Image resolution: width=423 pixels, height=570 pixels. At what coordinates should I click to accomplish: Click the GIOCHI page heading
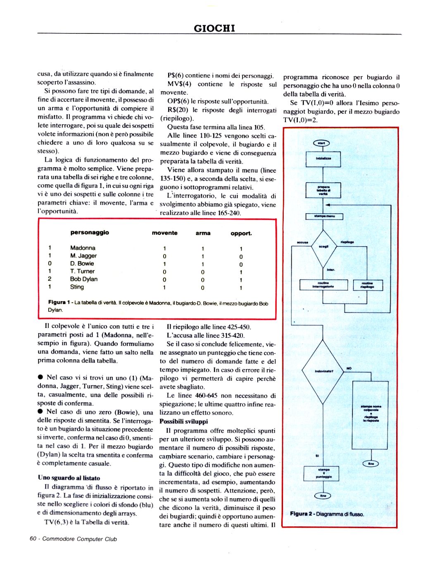(x=214, y=28)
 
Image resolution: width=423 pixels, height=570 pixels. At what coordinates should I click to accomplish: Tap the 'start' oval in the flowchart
(x=321, y=143)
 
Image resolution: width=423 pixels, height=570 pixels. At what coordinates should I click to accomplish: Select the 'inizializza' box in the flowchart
(x=323, y=159)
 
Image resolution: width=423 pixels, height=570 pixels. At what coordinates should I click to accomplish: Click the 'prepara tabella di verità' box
(x=323, y=190)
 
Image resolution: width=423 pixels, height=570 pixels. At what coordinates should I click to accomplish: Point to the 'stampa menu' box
(x=324, y=216)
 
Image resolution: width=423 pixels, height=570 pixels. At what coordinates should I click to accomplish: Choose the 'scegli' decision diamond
(x=323, y=247)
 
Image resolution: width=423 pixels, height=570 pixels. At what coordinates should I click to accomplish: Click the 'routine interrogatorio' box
(x=323, y=285)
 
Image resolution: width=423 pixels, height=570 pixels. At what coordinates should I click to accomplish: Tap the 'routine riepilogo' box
(x=367, y=285)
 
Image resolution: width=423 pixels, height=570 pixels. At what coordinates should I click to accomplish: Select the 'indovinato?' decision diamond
(x=323, y=371)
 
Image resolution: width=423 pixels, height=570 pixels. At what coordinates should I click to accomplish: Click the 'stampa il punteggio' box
(x=323, y=473)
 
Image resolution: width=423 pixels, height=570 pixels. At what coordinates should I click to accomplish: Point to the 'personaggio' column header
(x=90, y=233)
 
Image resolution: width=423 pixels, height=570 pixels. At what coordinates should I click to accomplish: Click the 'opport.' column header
(x=241, y=233)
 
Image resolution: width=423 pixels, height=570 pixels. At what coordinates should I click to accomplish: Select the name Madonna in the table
(x=83, y=248)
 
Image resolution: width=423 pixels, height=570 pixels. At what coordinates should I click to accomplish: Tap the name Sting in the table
(x=77, y=287)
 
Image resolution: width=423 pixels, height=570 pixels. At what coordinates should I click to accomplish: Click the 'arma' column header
(x=203, y=233)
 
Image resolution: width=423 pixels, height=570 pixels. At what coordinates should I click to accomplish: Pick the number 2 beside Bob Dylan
(x=50, y=279)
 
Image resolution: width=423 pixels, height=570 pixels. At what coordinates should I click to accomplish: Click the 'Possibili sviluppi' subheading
(x=183, y=422)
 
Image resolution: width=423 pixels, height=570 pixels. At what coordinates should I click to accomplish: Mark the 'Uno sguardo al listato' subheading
(x=69, y=478)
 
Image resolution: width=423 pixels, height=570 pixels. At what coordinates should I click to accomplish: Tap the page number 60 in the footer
(x=33, y=539)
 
